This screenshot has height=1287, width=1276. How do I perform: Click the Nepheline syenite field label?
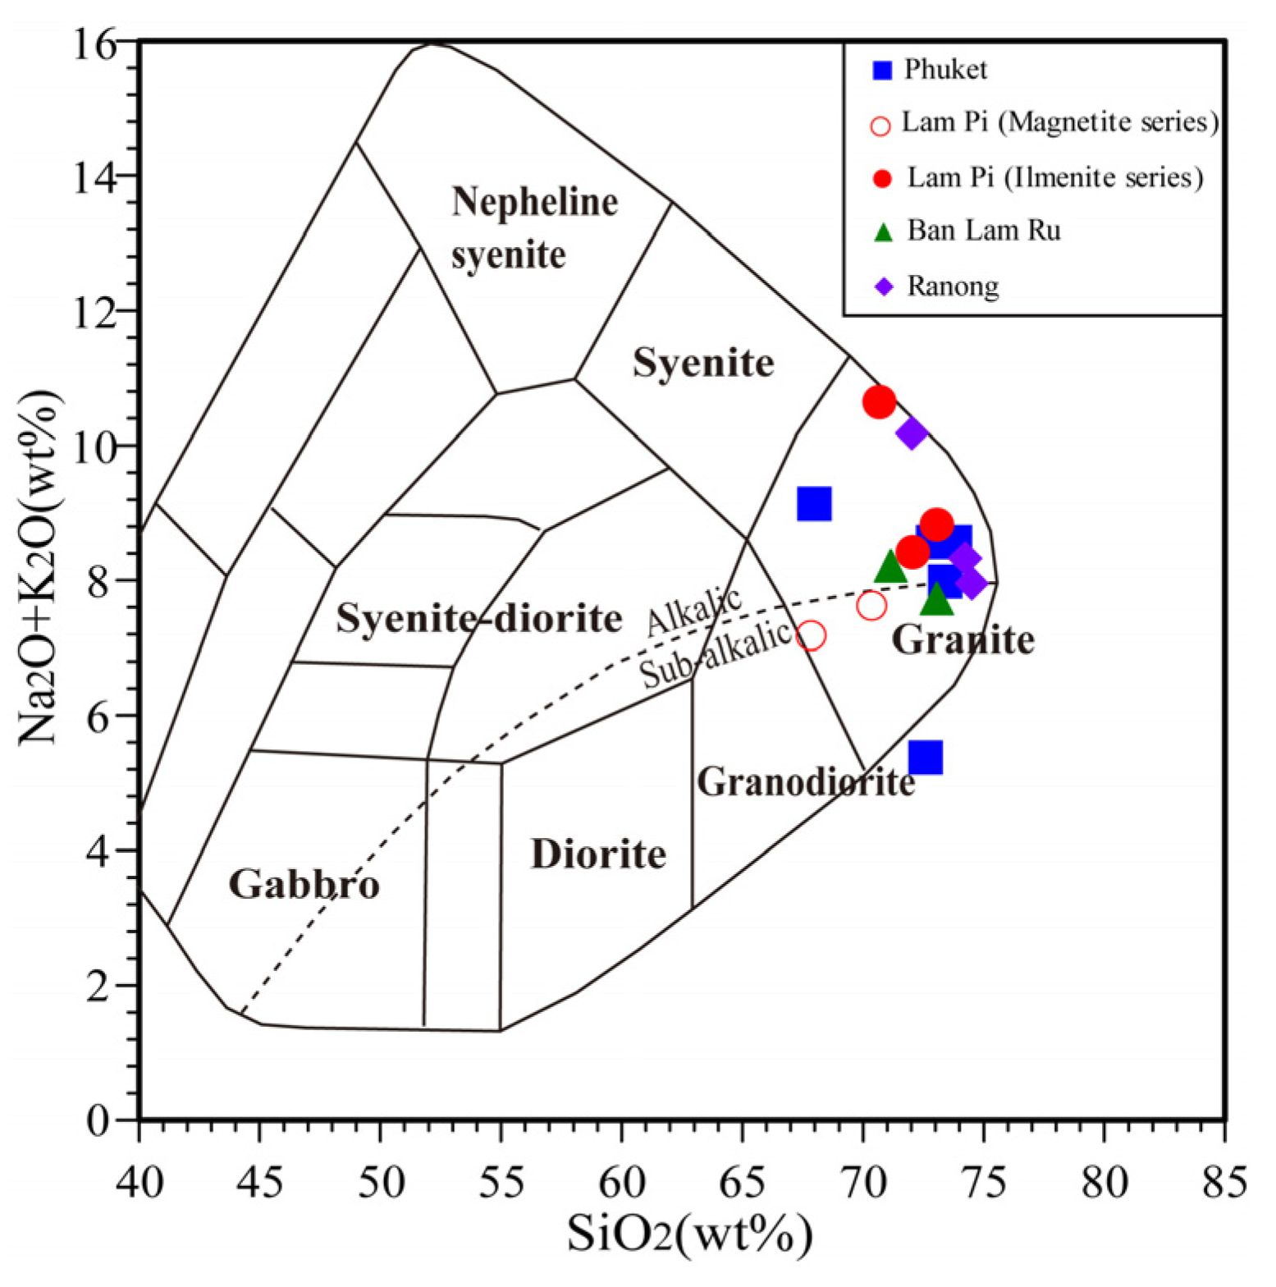coord(533,228)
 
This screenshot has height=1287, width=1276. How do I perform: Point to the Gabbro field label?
coord(304,885)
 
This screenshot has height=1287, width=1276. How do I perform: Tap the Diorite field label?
coord(598,854)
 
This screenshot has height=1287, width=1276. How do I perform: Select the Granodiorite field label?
coord(806,782)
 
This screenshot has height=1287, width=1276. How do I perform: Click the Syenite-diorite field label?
coord(479,618)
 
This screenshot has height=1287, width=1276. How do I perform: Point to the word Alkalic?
coord(694,611)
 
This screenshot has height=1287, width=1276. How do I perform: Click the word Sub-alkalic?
coord(716,655)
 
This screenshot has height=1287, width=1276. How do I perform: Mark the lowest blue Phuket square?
coord(925,757)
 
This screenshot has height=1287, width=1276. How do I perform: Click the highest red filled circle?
coord(879,402)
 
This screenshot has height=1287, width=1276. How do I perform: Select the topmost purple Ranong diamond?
coord(912,433)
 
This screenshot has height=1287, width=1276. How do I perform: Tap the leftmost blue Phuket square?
coord(814,503)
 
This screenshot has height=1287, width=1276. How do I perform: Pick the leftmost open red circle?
coord(811,635)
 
